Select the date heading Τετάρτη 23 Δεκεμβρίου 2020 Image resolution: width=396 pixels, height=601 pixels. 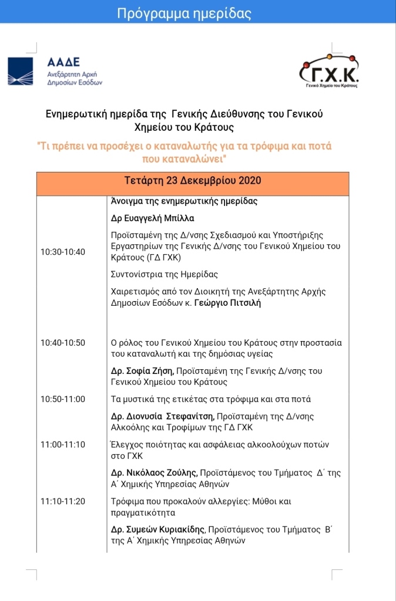193,180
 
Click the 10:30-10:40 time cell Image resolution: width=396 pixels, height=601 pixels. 63,252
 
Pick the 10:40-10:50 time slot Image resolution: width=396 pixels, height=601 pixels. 63,343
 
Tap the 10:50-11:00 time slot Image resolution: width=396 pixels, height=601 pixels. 63,399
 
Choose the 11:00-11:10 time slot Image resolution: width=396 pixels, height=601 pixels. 63,444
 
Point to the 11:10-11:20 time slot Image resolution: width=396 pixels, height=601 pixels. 63,501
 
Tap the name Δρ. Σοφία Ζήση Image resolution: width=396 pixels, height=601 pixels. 142,371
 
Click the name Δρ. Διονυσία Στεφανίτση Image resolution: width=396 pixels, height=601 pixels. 162,416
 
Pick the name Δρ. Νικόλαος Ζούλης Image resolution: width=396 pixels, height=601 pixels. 154,472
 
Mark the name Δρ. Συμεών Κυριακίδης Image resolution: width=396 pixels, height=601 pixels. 161,529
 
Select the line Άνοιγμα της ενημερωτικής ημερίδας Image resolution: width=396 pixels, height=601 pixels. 184,201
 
